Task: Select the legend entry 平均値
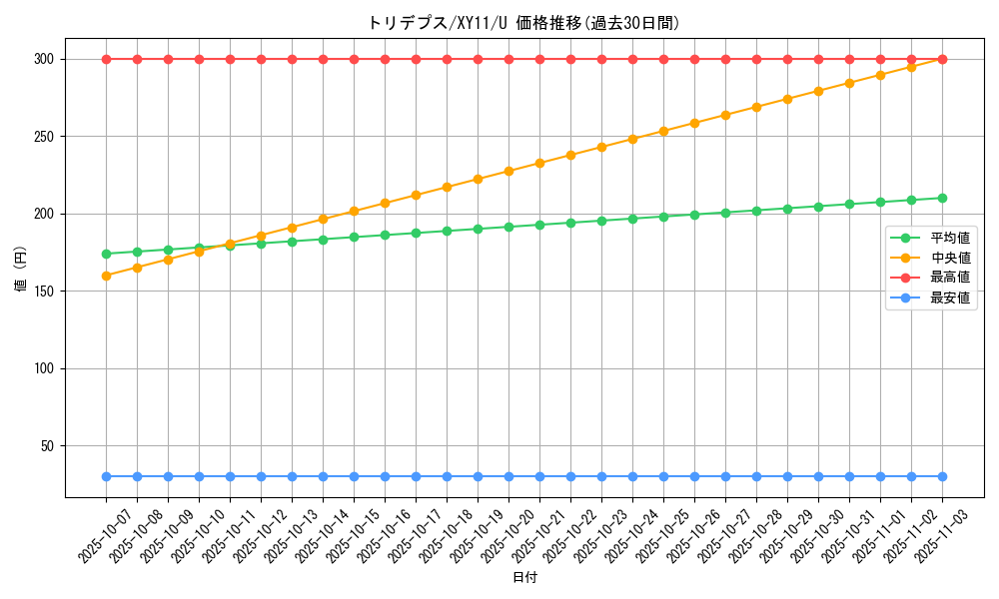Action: coord(950,238)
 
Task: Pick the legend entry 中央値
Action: coord(950,258)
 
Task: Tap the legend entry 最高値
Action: coord(950,278)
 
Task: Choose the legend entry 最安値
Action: coord(950,298)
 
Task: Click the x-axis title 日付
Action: coord(524,578)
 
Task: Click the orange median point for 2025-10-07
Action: coord(106,276)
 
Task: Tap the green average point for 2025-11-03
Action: coord(942,198)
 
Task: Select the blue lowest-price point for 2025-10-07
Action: coord(106,477)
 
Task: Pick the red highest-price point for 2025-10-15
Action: coord(354,59)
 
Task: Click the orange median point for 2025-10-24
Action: coord(632,139)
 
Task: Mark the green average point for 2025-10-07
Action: coord(106,254)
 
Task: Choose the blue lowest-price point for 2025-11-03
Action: coord(942,477)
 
